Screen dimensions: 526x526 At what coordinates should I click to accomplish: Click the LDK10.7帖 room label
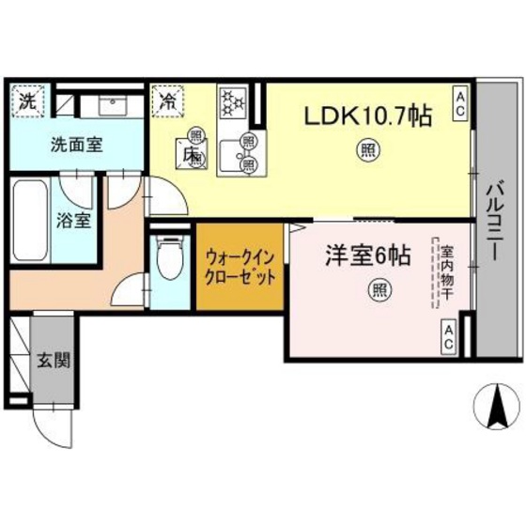coord(366,117)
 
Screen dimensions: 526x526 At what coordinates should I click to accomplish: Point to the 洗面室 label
coord(77,146)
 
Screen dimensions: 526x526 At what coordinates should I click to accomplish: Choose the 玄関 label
coord(52,359)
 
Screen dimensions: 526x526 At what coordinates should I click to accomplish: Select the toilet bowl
coord(170,260)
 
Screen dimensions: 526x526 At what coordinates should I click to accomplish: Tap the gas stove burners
coord(231,102)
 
